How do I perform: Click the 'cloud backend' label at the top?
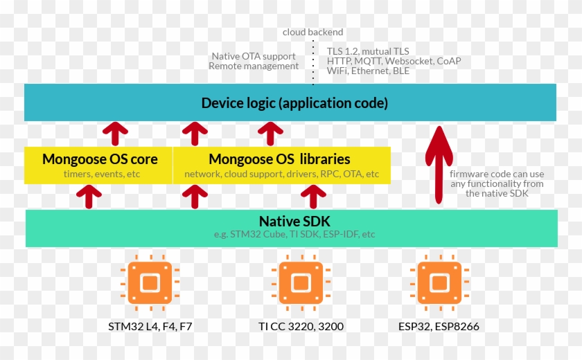pyautogui.click(x=312, y=32)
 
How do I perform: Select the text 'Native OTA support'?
pyautogui.click(x=254, y=56)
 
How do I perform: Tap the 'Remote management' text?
pyautogui.click(x=254, y=66)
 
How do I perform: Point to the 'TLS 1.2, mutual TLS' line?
pyautogui.click(x=368, y=51)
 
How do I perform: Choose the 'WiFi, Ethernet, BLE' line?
pyautogui.click(x=368, y=71)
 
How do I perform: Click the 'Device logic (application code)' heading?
pyautogui.click(x=294, y=103)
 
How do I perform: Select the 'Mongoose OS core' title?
pyautogui.click(x=100, y=159)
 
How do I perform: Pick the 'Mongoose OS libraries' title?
pyautogui.click(x=279, y=159)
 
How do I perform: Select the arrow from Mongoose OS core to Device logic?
pyautogui.click(x=115, y=133)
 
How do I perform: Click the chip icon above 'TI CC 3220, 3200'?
pyautogui.click(x=300, y=282)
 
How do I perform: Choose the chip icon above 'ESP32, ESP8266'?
pyautogui.click(x=438, y=282)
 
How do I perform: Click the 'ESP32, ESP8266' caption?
pyautogui.click(x=439, y=326)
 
